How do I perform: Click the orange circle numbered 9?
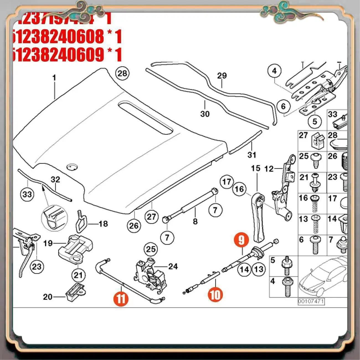242,240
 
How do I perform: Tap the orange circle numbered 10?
215,295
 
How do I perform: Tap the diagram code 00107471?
311,301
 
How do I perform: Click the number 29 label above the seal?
222,76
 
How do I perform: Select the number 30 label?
205,114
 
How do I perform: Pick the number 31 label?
252,155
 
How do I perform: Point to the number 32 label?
55,179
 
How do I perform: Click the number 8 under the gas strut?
195,221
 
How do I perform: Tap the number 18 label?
103,223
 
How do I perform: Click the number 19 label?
48,243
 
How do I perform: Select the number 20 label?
48,297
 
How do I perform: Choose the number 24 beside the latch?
173,266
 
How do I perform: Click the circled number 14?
245,269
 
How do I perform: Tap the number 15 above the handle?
256,168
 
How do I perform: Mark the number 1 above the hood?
54,78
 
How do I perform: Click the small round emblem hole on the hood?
72,167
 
